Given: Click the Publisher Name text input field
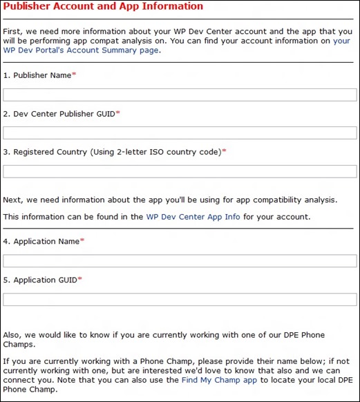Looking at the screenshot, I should click(x=180, y=95).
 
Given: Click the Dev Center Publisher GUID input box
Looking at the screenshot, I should click(x=180, y=133).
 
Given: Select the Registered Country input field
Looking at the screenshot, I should click(x=180, y=171).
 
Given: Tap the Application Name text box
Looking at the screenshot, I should click(x=180, y=261).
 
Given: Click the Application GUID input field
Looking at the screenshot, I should click(x=180, y=300).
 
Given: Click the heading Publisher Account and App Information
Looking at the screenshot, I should click(x=103, y=7).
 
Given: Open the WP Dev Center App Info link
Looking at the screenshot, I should click(x=193, y=217).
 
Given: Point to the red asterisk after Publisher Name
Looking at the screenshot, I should click(x=74, y=75).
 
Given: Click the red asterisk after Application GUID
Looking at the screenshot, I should click(x=79, y=279).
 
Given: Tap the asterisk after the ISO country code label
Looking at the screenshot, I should click(x=224, y=151).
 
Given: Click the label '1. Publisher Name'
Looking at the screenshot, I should click(x=37, y=75).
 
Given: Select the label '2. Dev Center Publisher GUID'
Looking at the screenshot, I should click(x=59, y=113).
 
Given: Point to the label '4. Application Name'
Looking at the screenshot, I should click(x=41, y=241).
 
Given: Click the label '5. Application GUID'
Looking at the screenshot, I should click(x=39, y=280).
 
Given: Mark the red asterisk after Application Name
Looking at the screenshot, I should click(x=82, y=240).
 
